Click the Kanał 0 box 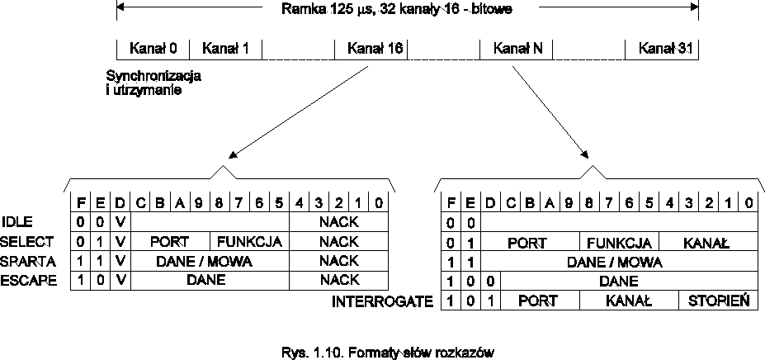coord(153,49)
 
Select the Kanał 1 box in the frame coord(225,49)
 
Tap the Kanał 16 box coord(371,49)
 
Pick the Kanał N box coord(517,49)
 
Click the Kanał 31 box coord(662,49)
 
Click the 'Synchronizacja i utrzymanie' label coord(154,83)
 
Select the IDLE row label coord(18,221)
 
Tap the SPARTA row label coord(28,261)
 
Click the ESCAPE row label coord(28,281)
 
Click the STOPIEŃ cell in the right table coord(718,301)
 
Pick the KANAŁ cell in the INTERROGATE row coord(629,301)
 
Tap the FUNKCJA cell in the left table coord(250,241)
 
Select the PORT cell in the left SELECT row coord(170,241)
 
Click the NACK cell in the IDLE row coord(339,221)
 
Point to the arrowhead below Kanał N coord(587,154)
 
